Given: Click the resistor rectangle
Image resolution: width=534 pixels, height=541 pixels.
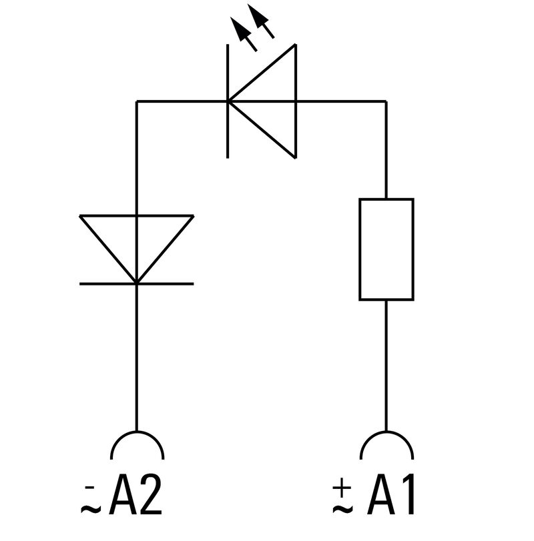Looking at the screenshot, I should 386,249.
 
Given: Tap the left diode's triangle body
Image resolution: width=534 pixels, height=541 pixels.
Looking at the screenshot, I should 136,240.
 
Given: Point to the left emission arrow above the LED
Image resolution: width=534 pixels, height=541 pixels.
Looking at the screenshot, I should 243,33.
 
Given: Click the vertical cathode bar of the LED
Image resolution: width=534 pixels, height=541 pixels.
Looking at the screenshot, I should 228,101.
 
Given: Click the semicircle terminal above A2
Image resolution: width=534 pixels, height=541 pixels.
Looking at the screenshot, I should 136,445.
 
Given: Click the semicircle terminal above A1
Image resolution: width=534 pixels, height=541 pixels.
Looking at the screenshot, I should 386,445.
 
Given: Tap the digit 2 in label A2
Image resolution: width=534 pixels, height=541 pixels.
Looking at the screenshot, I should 151,498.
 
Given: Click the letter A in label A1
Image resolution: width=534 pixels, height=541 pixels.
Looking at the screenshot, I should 380,498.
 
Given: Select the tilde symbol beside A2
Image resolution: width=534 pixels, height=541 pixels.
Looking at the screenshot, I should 90,510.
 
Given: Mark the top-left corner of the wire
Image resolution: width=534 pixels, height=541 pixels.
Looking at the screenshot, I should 136,101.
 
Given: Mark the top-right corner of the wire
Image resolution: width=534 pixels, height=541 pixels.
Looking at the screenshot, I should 386,101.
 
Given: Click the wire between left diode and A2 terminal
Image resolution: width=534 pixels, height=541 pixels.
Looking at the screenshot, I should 136,360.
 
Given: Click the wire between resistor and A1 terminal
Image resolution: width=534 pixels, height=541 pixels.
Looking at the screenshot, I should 386,367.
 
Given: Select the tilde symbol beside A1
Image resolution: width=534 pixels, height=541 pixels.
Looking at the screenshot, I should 342,510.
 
